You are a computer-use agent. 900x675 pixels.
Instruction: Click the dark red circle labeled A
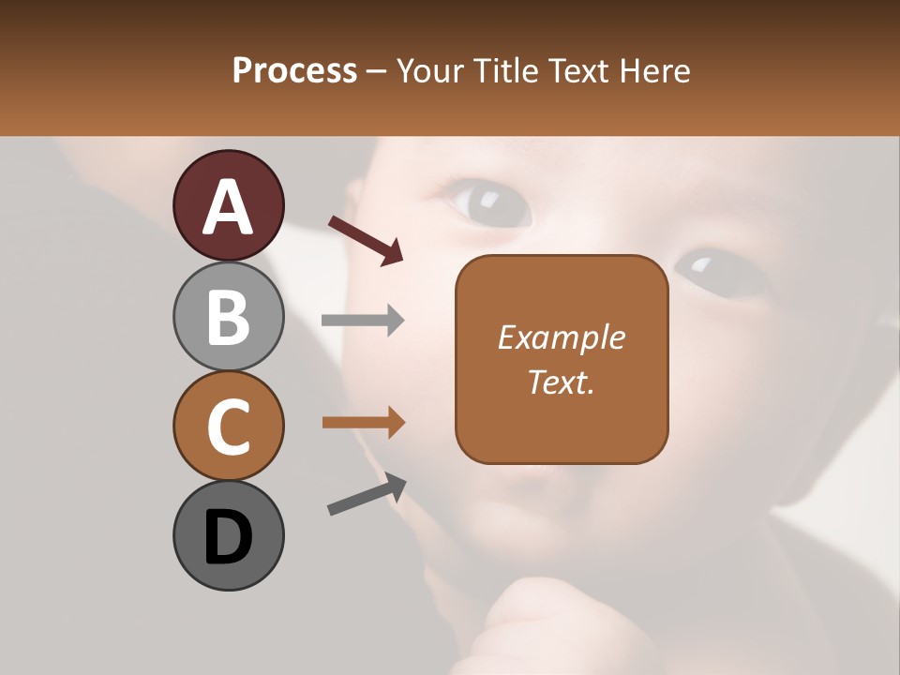[228, 205]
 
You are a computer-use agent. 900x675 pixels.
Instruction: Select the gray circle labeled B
[228, 316]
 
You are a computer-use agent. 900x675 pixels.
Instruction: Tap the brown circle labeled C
[228, 426]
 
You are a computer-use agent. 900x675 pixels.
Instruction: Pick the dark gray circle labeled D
[228, 535]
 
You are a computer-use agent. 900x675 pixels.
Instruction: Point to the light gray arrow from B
[363, 321]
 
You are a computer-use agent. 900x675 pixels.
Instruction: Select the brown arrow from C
[363, 423]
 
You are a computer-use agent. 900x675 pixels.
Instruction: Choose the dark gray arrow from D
[367, 494]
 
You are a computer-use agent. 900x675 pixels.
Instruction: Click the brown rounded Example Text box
[562, 359]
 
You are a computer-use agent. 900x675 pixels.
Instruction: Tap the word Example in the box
[562, 337]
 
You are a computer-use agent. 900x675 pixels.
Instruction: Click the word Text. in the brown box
[562, 382]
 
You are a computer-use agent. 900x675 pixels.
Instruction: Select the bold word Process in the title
[294, 70]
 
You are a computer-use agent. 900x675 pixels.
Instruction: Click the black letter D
[228, 538]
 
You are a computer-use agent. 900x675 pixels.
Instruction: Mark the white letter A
[228, 207]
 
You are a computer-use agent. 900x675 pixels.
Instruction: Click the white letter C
[228, 427]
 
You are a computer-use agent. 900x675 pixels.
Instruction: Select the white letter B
[228, 318]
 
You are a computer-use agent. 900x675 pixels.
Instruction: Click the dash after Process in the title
[377, 72]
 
